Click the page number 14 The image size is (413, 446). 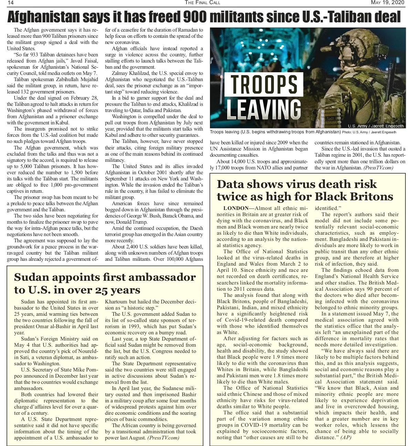click(x=10, y=3)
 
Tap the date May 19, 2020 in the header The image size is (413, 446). click(x=388, y=3)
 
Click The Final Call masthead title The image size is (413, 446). click(x=202, y=3)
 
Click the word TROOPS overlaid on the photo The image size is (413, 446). click(x=264, y=85)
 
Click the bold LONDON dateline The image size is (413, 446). click(x=236, y=208)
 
